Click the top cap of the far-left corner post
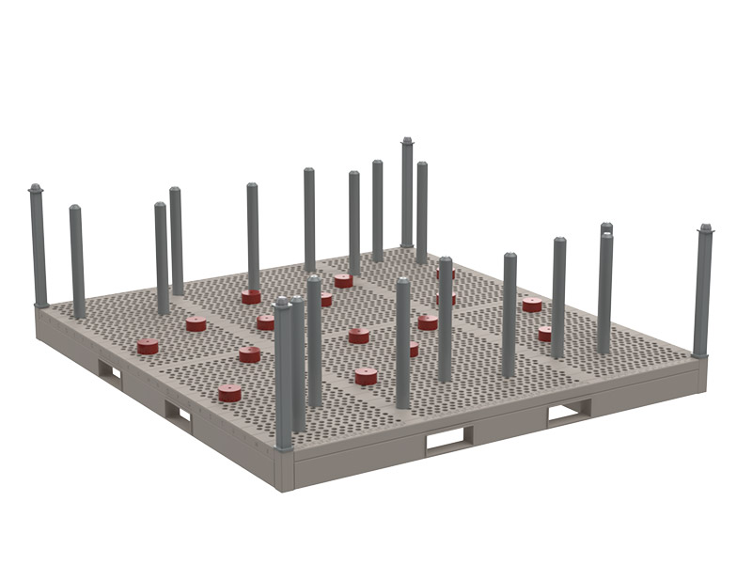pos(36,189)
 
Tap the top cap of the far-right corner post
pos(705,228)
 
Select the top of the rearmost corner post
pos(407,142)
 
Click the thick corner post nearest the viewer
pos(283,376)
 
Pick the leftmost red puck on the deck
pos(148,346)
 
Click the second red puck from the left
pos(196,324)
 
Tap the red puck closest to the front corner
pos(229,392)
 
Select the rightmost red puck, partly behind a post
pos(545,334)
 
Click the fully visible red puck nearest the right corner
pos(532,305)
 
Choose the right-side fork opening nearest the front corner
pos(448,439)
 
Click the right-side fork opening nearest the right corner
pos(570,410)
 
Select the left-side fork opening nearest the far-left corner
pos(110,372)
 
